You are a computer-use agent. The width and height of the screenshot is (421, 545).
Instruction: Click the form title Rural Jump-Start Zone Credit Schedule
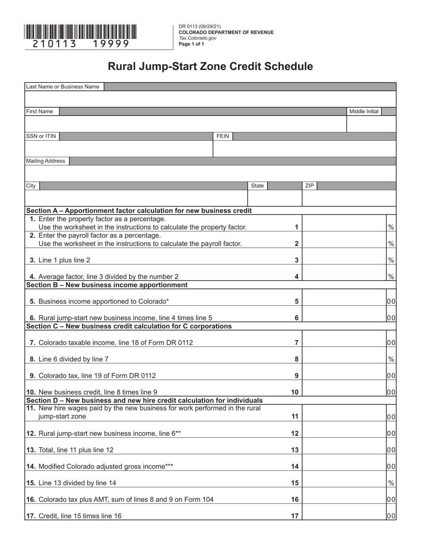coord(210,66)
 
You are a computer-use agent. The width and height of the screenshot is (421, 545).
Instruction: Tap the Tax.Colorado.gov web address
coord(198,38)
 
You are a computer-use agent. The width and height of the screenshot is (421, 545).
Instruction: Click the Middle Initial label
coord(364,112)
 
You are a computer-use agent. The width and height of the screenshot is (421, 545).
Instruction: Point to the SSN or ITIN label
coord(41,136)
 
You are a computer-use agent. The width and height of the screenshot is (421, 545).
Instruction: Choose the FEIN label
coord(222,136)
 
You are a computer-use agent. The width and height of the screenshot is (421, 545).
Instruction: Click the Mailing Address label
coord(46,161)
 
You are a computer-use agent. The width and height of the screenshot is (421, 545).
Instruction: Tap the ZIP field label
coord(309,186)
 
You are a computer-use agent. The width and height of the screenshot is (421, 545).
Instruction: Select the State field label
coord(257,186)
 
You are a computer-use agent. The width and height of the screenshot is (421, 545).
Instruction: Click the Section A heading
coord(139,210)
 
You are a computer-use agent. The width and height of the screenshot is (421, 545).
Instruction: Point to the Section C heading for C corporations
coord(129,327)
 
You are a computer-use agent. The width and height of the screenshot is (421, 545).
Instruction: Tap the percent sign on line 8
coord(391,359)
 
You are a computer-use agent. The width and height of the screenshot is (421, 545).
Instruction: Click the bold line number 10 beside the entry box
coord(295,392)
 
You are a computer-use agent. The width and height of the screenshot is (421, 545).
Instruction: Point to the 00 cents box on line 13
coord(391,450)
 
